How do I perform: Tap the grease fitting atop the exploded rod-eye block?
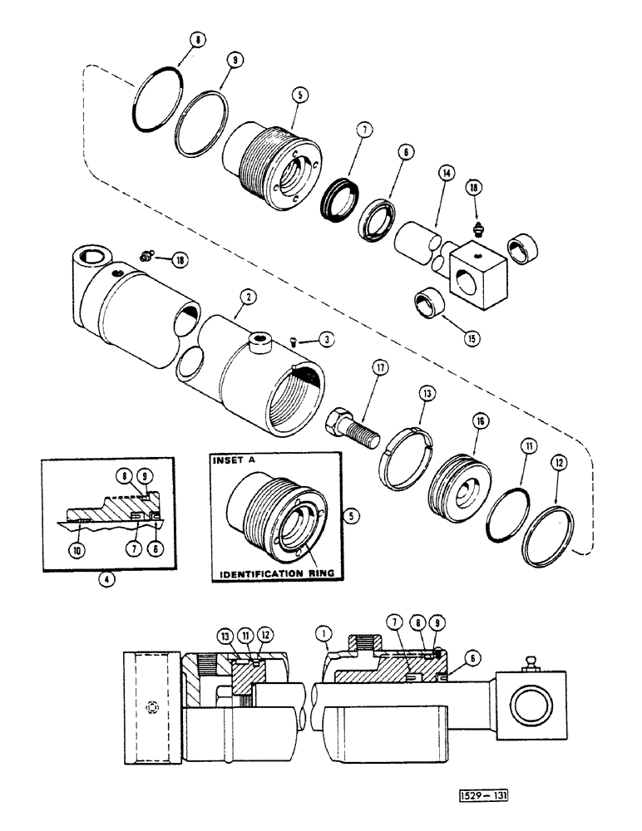480,229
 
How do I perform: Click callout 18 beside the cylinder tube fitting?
179,260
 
